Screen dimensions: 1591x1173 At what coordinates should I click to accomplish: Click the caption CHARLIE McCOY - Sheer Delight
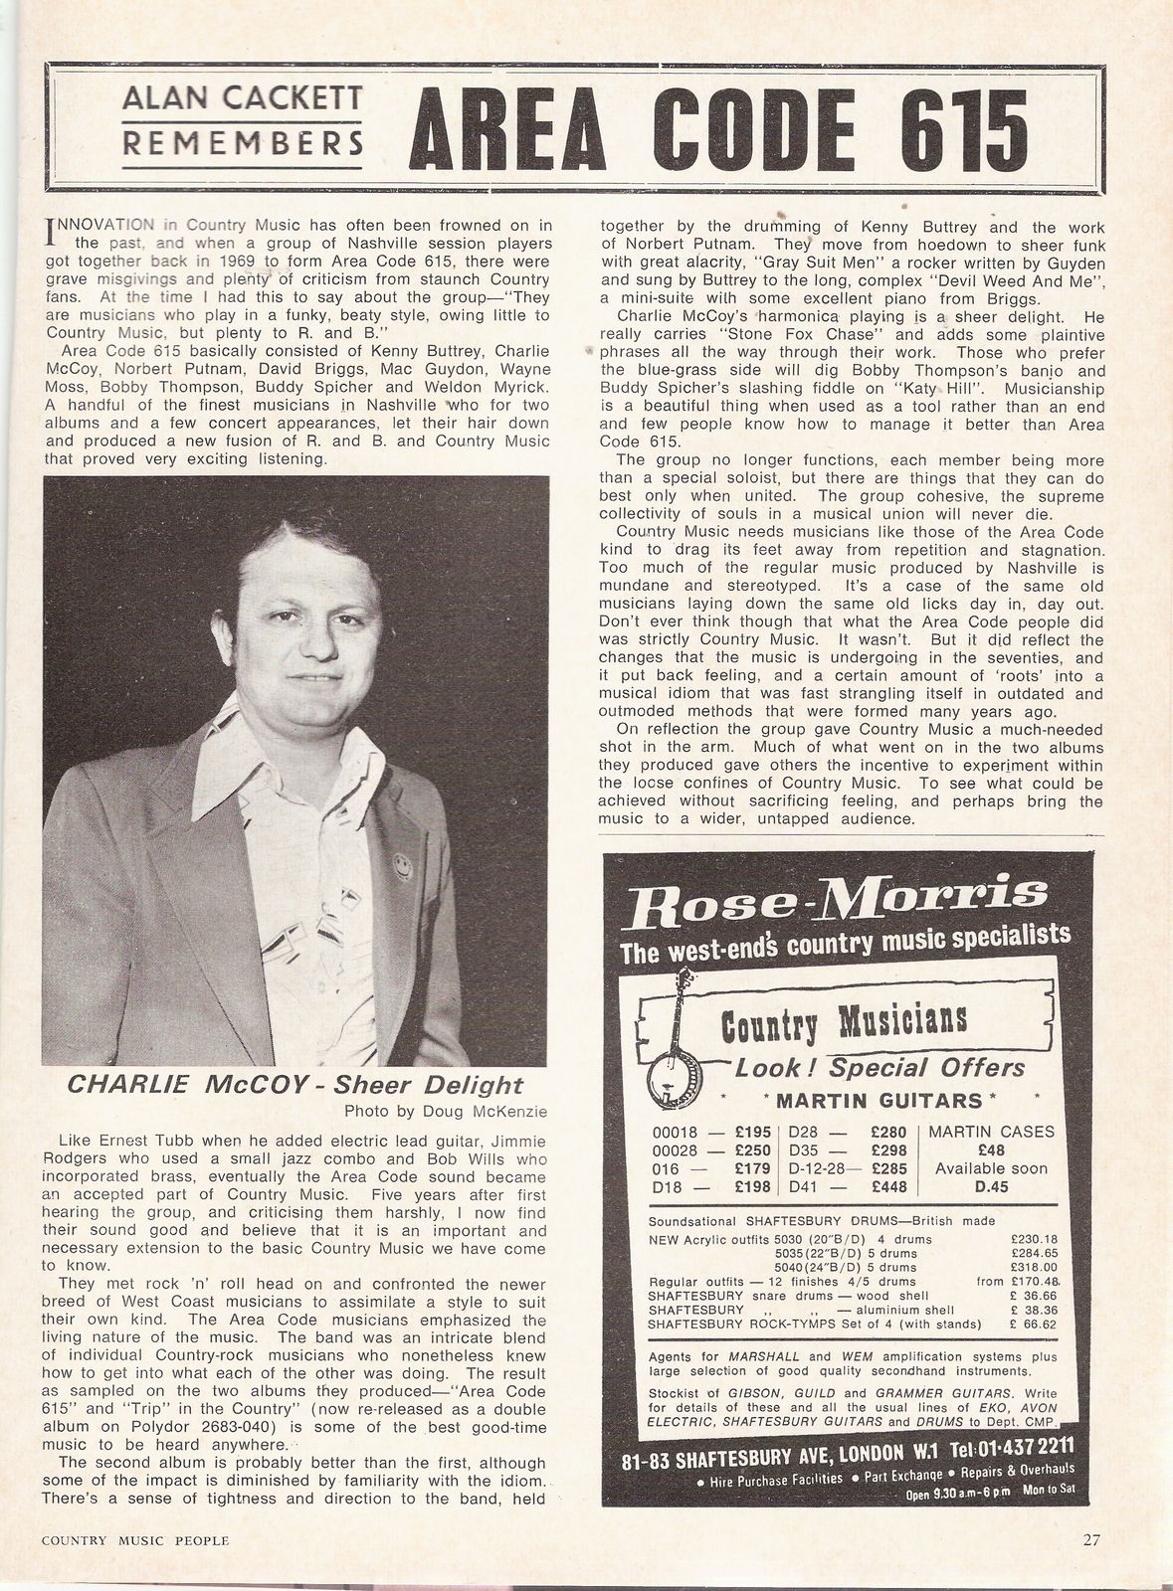[x=294, y=1084]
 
